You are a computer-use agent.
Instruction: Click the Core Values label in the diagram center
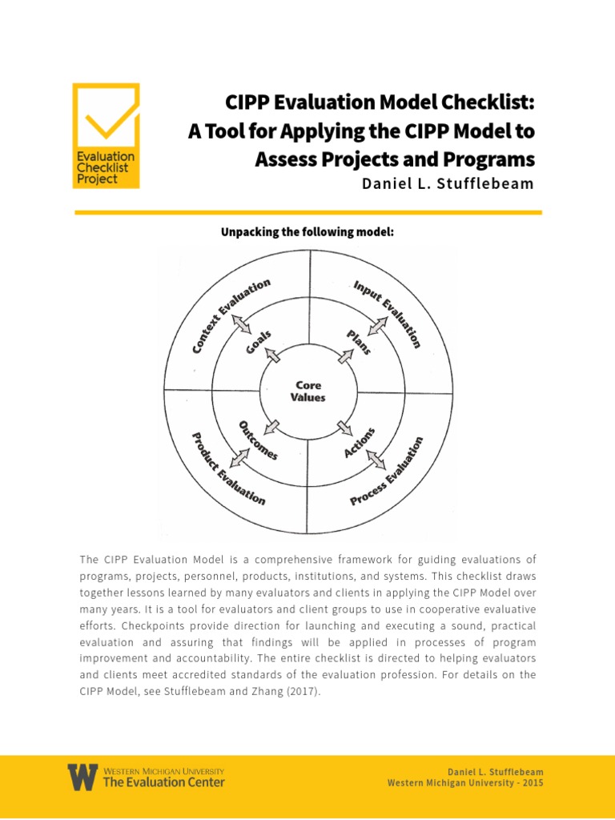point(308,392)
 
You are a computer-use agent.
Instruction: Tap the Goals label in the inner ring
point(259,344)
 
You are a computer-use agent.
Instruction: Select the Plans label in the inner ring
point(357,343)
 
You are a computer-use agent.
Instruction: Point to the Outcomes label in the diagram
point(258,440)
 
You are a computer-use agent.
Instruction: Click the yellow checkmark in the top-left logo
point(106,119)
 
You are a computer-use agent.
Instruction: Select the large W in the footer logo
point(82,777)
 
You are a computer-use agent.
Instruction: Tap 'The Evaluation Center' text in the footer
point(164,782)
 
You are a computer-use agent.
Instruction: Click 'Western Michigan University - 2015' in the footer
point(465,782)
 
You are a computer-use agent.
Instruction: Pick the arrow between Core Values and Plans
point(344,356)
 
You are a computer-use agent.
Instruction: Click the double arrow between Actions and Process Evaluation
point(375,458)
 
